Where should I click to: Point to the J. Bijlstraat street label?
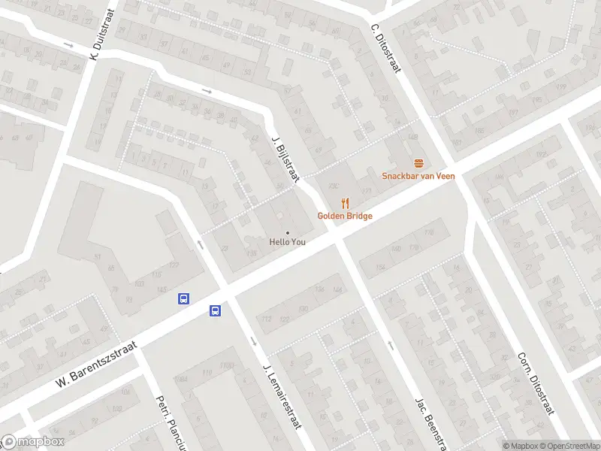(x=286, y=158)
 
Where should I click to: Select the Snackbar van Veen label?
(x=418, y=176)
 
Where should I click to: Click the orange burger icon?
(x=418, y=162)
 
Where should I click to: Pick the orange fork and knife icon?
(x=345, y=202)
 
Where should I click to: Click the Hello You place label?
(x=288, y=242)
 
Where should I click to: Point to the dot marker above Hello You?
(x=287, y=232)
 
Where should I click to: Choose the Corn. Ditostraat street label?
(x=536, y=383)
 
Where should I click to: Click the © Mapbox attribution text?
(x=521, y=446)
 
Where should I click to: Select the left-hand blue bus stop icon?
(x=183, y=298)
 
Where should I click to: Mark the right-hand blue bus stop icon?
(x=215, y=310)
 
